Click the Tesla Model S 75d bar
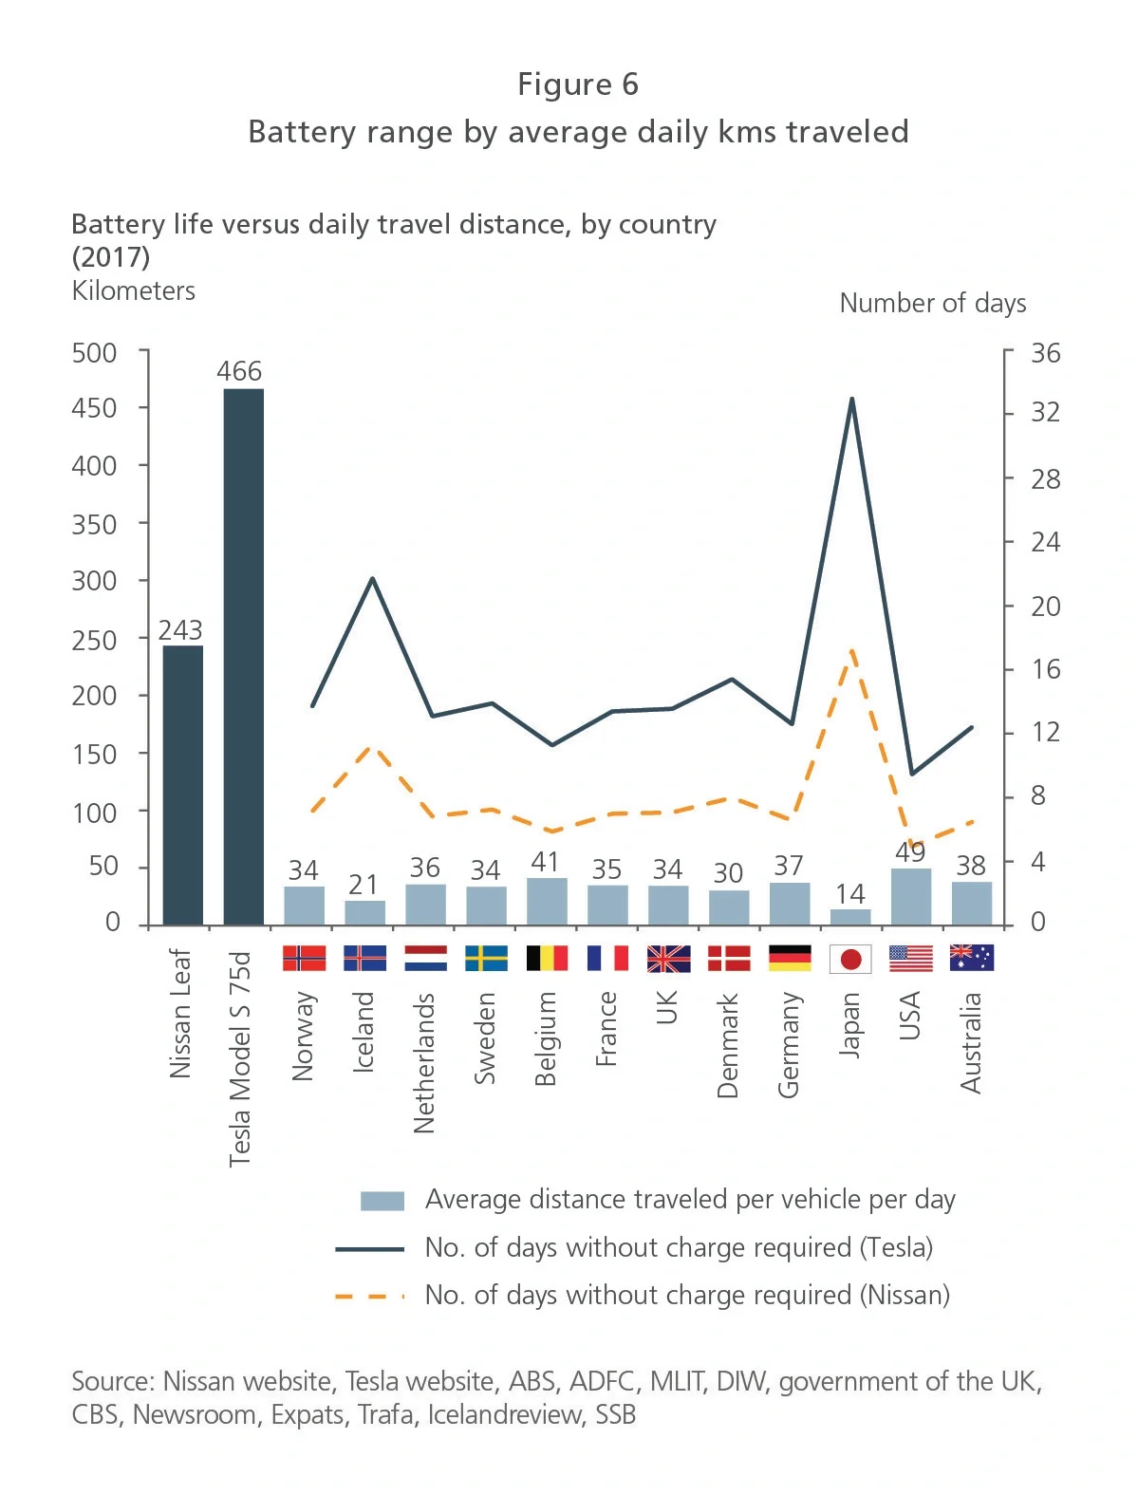[243, 657]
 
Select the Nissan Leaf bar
[183, 785]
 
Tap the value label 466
[239, 371]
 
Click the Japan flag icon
[850, 959]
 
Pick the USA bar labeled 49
[911, 897]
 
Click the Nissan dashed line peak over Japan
[851, 651]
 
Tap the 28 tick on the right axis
[1045, 479]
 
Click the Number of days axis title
[932, 304]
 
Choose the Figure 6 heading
[577, 84]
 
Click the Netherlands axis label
[424, 1062]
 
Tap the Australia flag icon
[971, 958]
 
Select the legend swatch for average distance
[382, 1201]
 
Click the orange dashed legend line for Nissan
[370, 1296]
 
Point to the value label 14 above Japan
[850, 894]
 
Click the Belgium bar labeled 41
[547, 902]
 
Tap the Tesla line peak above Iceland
[372, 578]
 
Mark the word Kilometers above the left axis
[134, 290]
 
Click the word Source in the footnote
[111, 1381]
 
